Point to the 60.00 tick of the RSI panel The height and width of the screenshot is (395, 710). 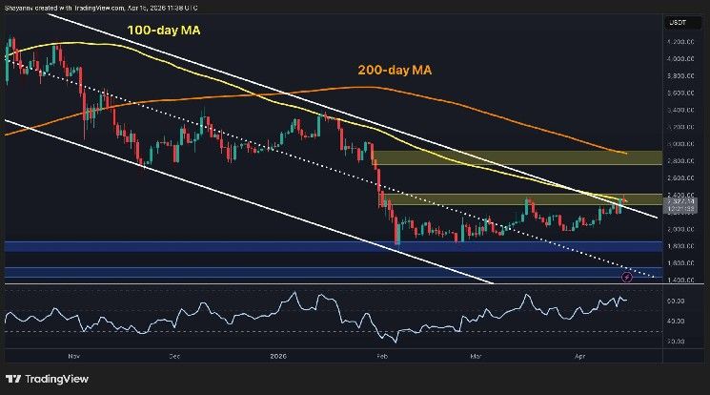click(678, 301)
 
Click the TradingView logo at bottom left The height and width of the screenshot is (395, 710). click(40, 376)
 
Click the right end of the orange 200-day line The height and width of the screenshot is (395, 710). click(625, 153)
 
